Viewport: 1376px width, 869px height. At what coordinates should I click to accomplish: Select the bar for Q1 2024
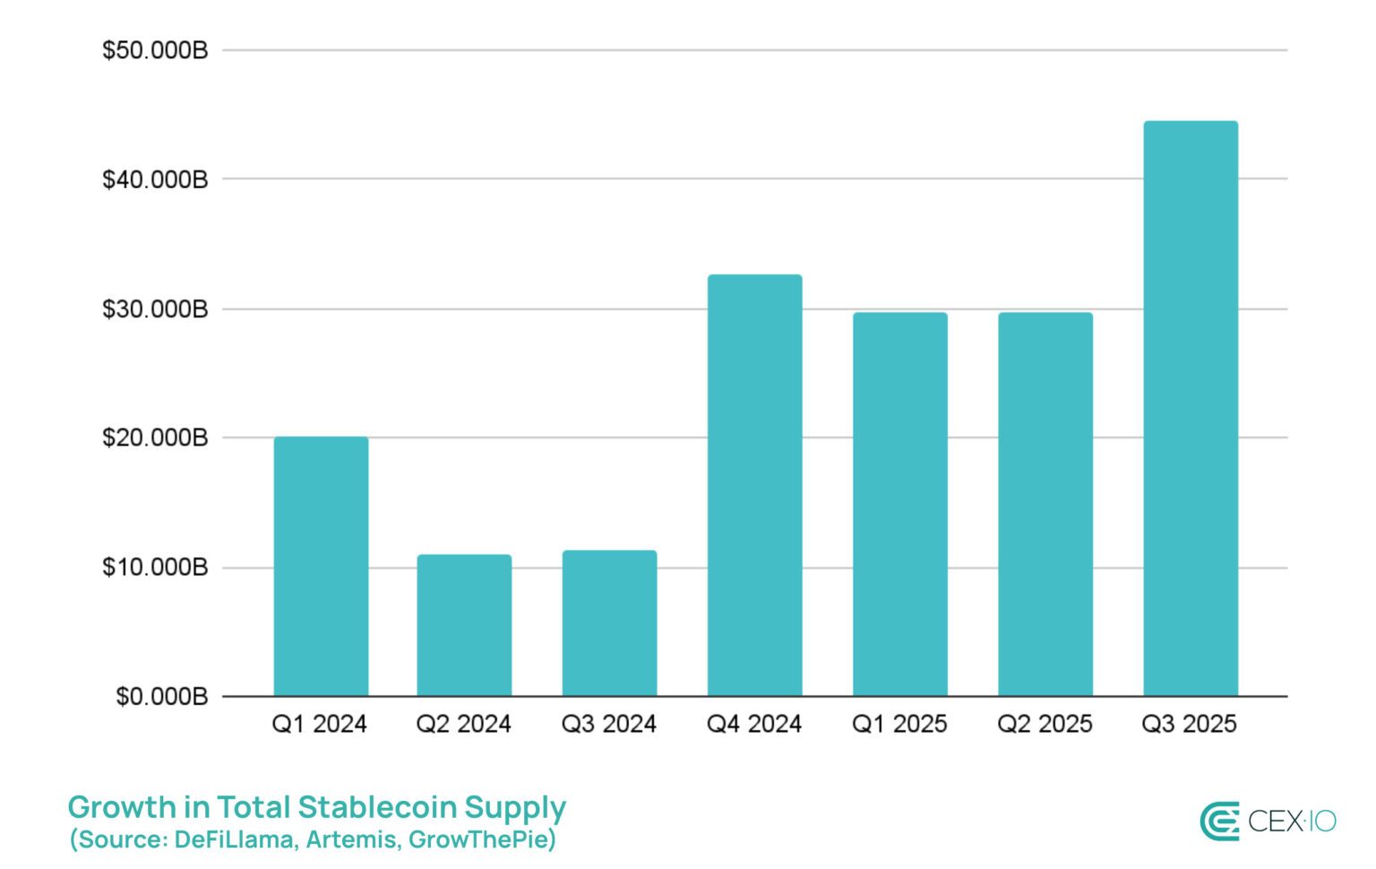(x=321, y=566)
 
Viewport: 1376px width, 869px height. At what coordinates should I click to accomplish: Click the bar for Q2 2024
(x=464, y=625)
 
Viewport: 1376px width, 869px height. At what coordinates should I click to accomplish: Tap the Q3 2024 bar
(x=609, y=623)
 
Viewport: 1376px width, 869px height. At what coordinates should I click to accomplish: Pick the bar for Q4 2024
(x=754, y=485)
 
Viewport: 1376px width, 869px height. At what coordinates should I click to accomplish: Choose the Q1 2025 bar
(x=899, y=503)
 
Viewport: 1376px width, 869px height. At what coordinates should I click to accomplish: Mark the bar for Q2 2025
(x=1045, y=503)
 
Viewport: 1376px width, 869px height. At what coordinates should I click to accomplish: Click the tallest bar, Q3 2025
(x=1191, y=409)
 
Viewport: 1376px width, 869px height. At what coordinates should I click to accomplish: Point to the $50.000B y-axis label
(x=155, y=50)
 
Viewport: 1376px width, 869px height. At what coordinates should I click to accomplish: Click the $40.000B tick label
(x=155, y=179)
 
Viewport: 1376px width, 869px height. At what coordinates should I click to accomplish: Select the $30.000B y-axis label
(x=155, y=309)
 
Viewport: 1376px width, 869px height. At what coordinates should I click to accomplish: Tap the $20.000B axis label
(x=155, y=438)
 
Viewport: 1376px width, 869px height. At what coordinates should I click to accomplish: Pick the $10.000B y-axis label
(x=155, y=567)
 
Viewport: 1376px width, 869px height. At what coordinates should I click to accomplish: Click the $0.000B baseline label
(x=161, y=696)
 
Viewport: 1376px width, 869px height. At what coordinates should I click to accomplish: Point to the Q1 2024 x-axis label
(x=320, y=724)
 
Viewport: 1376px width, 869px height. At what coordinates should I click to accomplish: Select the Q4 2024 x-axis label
(x=754, y=724)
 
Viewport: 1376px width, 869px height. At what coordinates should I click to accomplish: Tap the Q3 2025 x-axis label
(x=1189, y=724)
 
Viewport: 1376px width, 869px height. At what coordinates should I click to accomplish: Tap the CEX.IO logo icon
(x=1219, y=822)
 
